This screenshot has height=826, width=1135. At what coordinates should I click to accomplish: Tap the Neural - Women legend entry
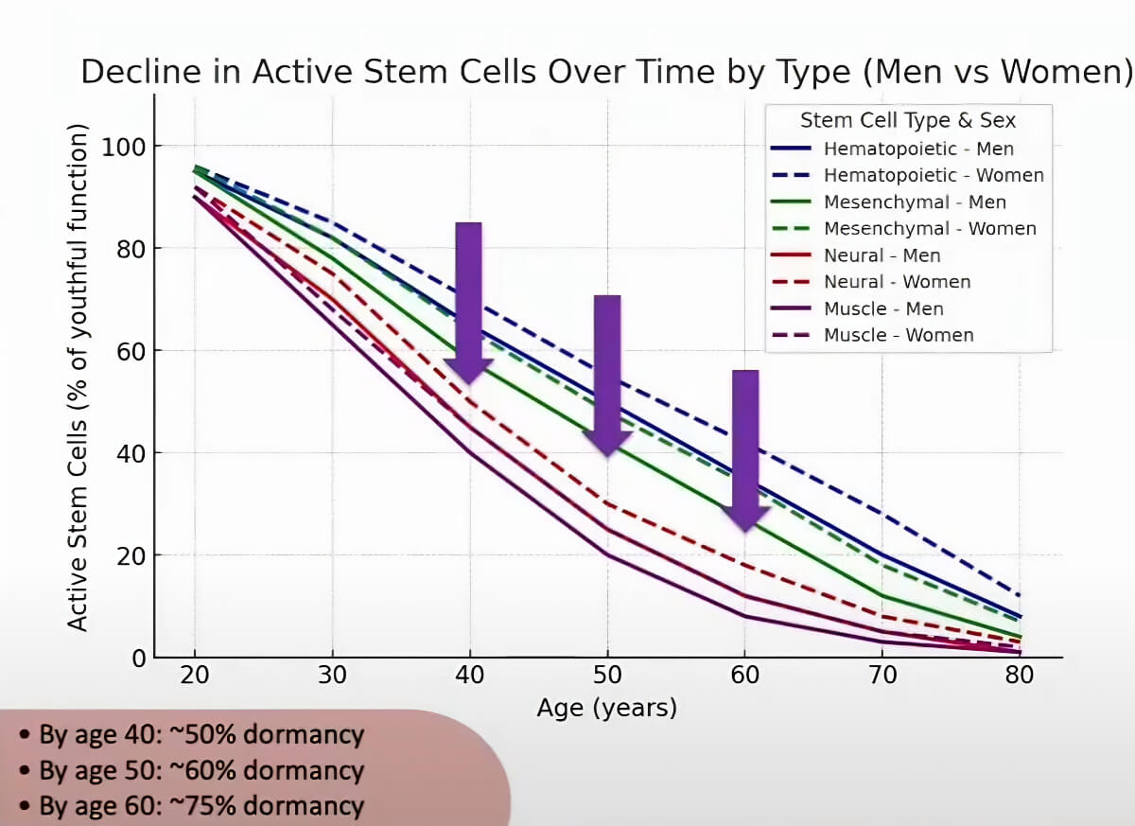click(x=897, y=282)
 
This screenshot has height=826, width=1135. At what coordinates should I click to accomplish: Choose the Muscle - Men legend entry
click(x=883, y=308)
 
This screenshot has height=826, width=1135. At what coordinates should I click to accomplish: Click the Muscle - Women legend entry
click(x=899, y=335)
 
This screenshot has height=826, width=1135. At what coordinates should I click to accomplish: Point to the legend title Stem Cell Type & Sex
click(x=908, y=120)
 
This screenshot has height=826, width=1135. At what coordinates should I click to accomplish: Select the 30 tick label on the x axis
click(x=332, y=676)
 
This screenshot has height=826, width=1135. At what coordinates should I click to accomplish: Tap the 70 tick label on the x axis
click(x=882, y=676)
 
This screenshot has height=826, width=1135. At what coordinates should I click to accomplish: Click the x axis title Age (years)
click(x=606, y=707)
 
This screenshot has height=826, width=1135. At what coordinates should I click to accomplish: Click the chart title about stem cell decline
click(x=606, y=72)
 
